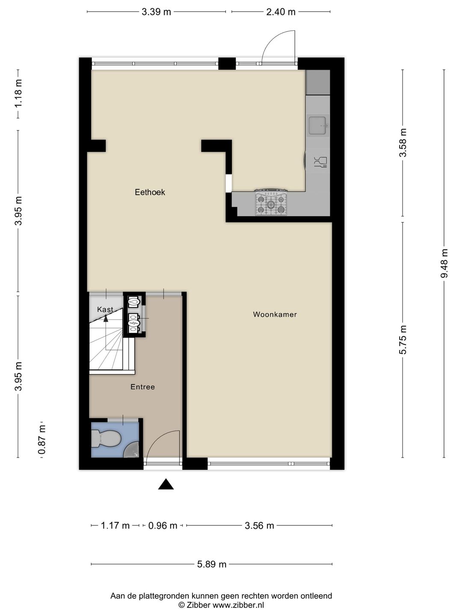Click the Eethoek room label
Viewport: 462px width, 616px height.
click(x=150, y=192)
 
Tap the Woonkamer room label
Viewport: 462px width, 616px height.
click(x=275, y=314)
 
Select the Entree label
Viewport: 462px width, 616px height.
click(x=142, y=387)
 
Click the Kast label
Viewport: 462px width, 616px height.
click(x=105, y=309)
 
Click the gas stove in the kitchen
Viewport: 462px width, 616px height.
click(x=271, y=203)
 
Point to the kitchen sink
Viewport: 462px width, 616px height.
click(x=318, y=125)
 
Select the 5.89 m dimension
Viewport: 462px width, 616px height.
click(x=212, y=564)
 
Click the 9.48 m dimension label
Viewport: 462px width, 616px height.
click(x=444, y=263)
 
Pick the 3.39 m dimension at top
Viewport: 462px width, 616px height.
click(x=156, y=12)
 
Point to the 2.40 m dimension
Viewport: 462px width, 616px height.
click(x=281, y=12)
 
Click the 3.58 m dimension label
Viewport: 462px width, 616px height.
click(x=403, y=142)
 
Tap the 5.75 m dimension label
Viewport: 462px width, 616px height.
click(x=403, y=340)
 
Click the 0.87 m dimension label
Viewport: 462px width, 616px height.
click(x=42, y=440)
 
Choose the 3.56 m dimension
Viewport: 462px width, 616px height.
click(x=259, y=526)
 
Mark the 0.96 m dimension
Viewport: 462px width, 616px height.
click(x=163, y=526)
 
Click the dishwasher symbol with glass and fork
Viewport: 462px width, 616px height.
click(x=320, y=162)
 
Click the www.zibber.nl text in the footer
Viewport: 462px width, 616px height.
click(x=238, y=605)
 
